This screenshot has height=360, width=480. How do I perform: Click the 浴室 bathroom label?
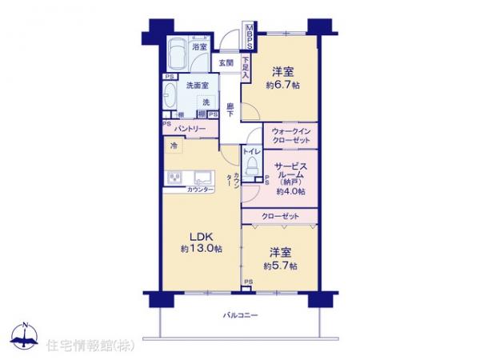click(x=198, y=47)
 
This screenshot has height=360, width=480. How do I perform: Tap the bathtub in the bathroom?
click(x=178, y=54)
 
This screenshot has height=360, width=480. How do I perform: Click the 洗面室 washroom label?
click(x=198, y=86)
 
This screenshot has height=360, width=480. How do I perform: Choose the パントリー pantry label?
click(x=191, y=129)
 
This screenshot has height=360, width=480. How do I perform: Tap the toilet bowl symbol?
click(x=252, y=166)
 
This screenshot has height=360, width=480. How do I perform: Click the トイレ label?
click(x=251, y=150)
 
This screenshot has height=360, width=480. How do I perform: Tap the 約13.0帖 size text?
click(x=201, y=250)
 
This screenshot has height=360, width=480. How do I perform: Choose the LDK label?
click(x=201, y=236)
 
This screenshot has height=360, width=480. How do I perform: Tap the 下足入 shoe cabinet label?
click(x=245, y=63)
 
